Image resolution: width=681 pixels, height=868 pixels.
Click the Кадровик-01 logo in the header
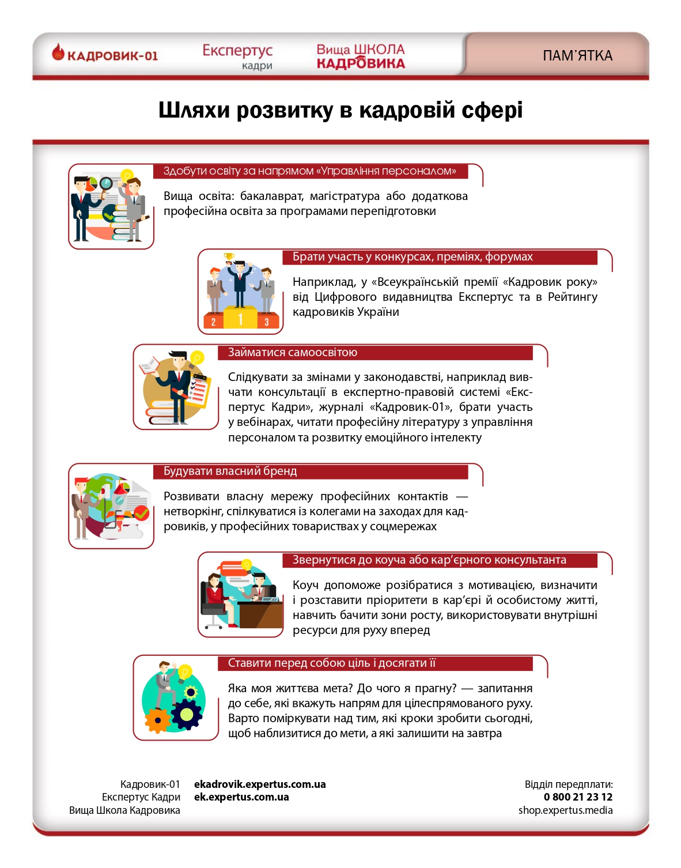[105, 55]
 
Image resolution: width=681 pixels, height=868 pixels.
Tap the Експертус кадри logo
[237, 56]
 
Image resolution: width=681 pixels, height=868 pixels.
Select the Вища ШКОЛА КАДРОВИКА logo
[361, 56]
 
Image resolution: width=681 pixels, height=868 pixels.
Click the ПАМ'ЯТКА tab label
[577, 56]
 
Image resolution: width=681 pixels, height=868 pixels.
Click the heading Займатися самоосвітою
[293, 352]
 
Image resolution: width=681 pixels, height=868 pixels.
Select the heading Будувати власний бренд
[230, 471]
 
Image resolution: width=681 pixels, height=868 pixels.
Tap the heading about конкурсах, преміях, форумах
[413, 256]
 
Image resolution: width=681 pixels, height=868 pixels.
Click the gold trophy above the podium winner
[229, 256]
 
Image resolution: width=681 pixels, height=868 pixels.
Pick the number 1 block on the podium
[240, 318]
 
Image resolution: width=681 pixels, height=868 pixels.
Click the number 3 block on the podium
[267, 322]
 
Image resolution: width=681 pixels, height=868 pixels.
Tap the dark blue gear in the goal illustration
[187, 715]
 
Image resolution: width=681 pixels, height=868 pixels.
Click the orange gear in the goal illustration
[157, 720]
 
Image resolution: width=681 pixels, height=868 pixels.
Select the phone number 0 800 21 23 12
[578, 797]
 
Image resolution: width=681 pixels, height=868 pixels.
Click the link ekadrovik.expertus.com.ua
[260, 784]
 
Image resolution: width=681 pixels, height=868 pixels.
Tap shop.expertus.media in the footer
[565, 810]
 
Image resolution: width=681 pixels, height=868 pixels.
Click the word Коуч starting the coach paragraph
[305, 585]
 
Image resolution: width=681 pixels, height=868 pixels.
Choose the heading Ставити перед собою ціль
[331, 663]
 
